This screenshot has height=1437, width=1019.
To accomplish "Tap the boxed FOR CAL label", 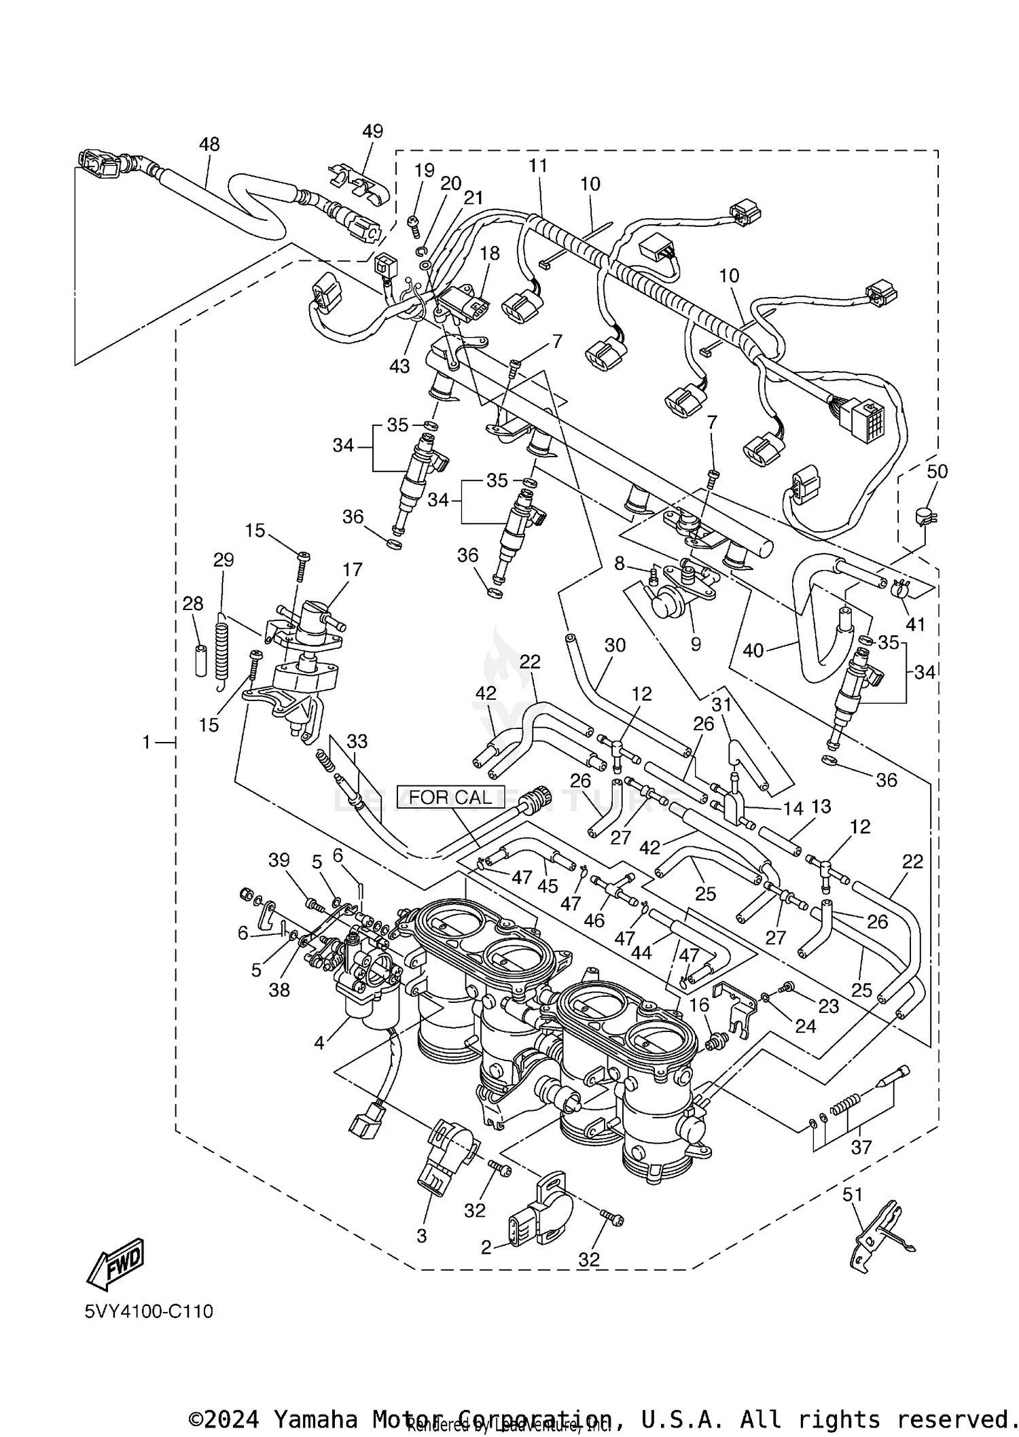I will [450, 797].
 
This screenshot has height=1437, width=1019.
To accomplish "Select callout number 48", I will [209, 144].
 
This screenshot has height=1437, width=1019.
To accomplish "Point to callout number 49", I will [372, 131].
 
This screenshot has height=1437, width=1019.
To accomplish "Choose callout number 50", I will [937, 472].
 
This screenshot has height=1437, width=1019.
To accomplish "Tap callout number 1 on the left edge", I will [146, 743].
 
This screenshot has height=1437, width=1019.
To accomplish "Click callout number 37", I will [861, 1148].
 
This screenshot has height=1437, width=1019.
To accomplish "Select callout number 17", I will [353, 569].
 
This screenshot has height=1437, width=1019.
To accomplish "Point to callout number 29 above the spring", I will [224, 560].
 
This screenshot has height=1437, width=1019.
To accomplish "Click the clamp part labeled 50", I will [923, 518].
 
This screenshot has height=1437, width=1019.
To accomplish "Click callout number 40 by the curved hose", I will [753, 651].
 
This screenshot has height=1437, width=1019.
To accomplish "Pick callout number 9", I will [695, 643].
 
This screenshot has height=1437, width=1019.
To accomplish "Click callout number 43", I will [399, 366].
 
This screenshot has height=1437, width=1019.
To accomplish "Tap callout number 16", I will [699, 1005].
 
